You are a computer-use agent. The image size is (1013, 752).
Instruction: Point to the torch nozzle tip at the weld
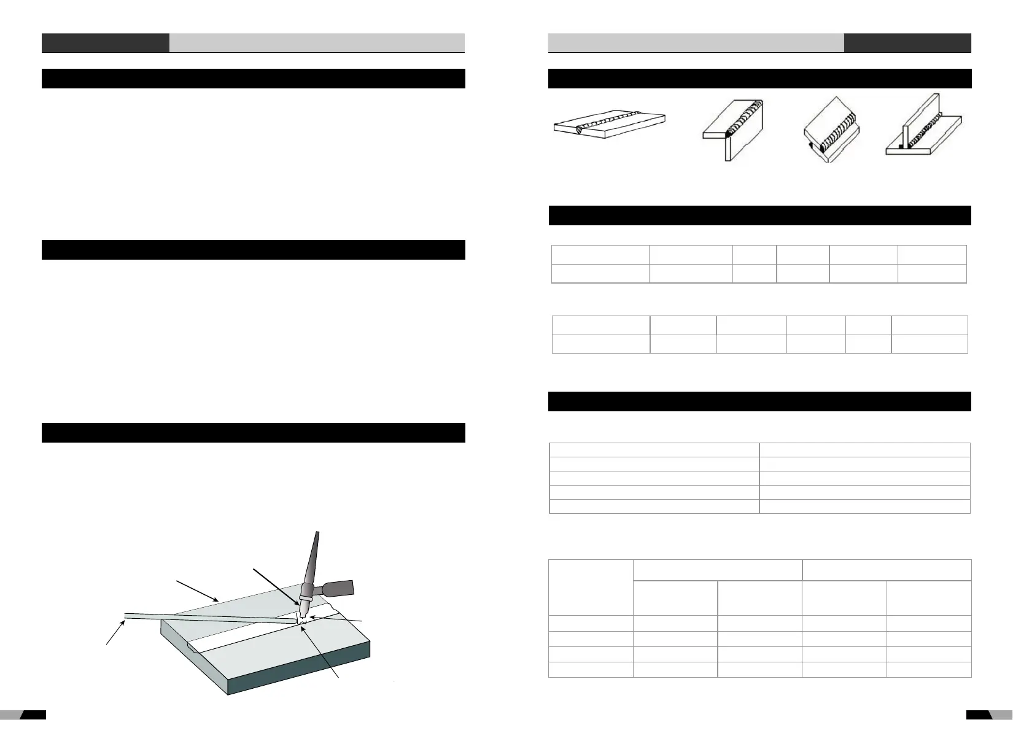[301, 611]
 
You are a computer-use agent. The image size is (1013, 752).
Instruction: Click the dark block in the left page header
[105, 43]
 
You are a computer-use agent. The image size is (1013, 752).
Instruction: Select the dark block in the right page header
[907, 43]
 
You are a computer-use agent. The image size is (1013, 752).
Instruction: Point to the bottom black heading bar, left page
[253, 433]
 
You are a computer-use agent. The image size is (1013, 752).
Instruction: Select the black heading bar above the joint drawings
[759, 79]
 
